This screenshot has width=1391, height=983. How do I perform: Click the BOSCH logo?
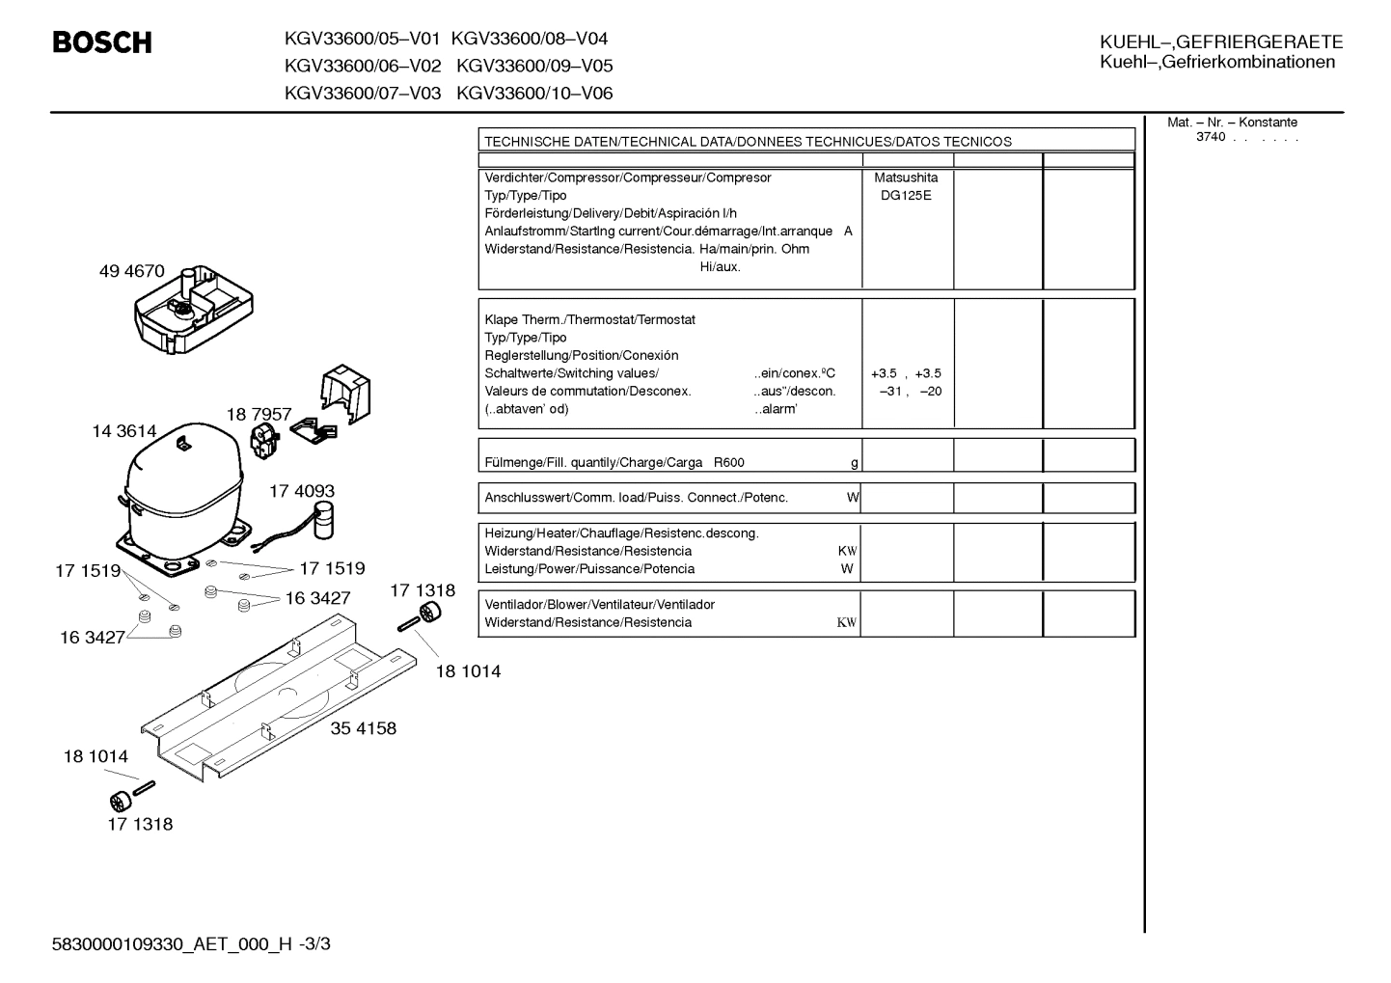tap(102, 42)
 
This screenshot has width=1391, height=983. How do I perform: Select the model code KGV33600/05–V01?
tap(362, 39)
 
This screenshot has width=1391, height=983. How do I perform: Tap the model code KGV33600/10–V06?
tap(534, 94)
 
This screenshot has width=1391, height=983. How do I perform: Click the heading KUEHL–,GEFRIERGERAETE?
tap(1221, 42)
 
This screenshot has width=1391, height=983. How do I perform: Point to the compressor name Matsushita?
tap(906, 177)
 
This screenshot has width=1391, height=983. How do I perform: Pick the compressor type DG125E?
tap(906, 196)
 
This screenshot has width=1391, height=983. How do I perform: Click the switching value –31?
tap(890, 392)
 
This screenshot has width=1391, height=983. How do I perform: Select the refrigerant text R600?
tap(729, 463)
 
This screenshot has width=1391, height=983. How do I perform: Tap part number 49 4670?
tap(131, 271)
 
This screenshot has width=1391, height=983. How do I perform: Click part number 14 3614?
tap(124, 431)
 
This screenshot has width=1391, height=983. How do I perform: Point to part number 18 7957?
tap(259, 414)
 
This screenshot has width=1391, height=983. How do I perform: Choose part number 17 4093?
tap(302, 491)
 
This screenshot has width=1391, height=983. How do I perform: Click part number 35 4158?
tap(364, 727)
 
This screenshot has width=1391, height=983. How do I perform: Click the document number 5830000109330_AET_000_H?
tap(172, 944)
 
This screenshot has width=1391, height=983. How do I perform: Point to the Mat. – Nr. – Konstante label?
tap(1232, 123)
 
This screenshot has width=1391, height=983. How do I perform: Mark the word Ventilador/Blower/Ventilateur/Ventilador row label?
tap(599, 605)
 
